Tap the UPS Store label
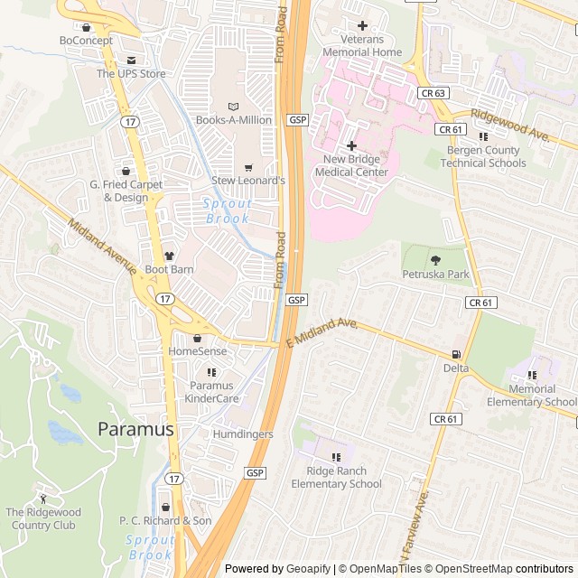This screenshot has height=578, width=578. (x=131, y=74)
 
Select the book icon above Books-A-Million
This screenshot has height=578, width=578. (x=234, y=106)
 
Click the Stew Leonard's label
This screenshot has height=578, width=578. (x=248, y=181)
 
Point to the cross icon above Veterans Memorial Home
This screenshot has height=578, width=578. (x=363, y=25)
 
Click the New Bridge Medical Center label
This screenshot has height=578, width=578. (x=355, y=166)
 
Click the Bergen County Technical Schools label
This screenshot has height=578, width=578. (x=483, y=157)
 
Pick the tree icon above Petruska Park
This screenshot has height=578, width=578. (x=437, y=259)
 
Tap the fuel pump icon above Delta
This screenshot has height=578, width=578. (x=456, y=354)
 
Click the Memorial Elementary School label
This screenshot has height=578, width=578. (x=531, y=396)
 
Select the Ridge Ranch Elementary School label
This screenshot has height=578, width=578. (x=336, y=478)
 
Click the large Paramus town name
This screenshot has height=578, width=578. (x=135, y=429)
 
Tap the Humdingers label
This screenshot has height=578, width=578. (x=242, y=434)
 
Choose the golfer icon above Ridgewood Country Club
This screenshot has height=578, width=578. (x=42, y=498)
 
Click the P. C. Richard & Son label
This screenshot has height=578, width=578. (x=165, y=521)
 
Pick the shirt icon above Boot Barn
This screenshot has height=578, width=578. (x=169, y=256)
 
